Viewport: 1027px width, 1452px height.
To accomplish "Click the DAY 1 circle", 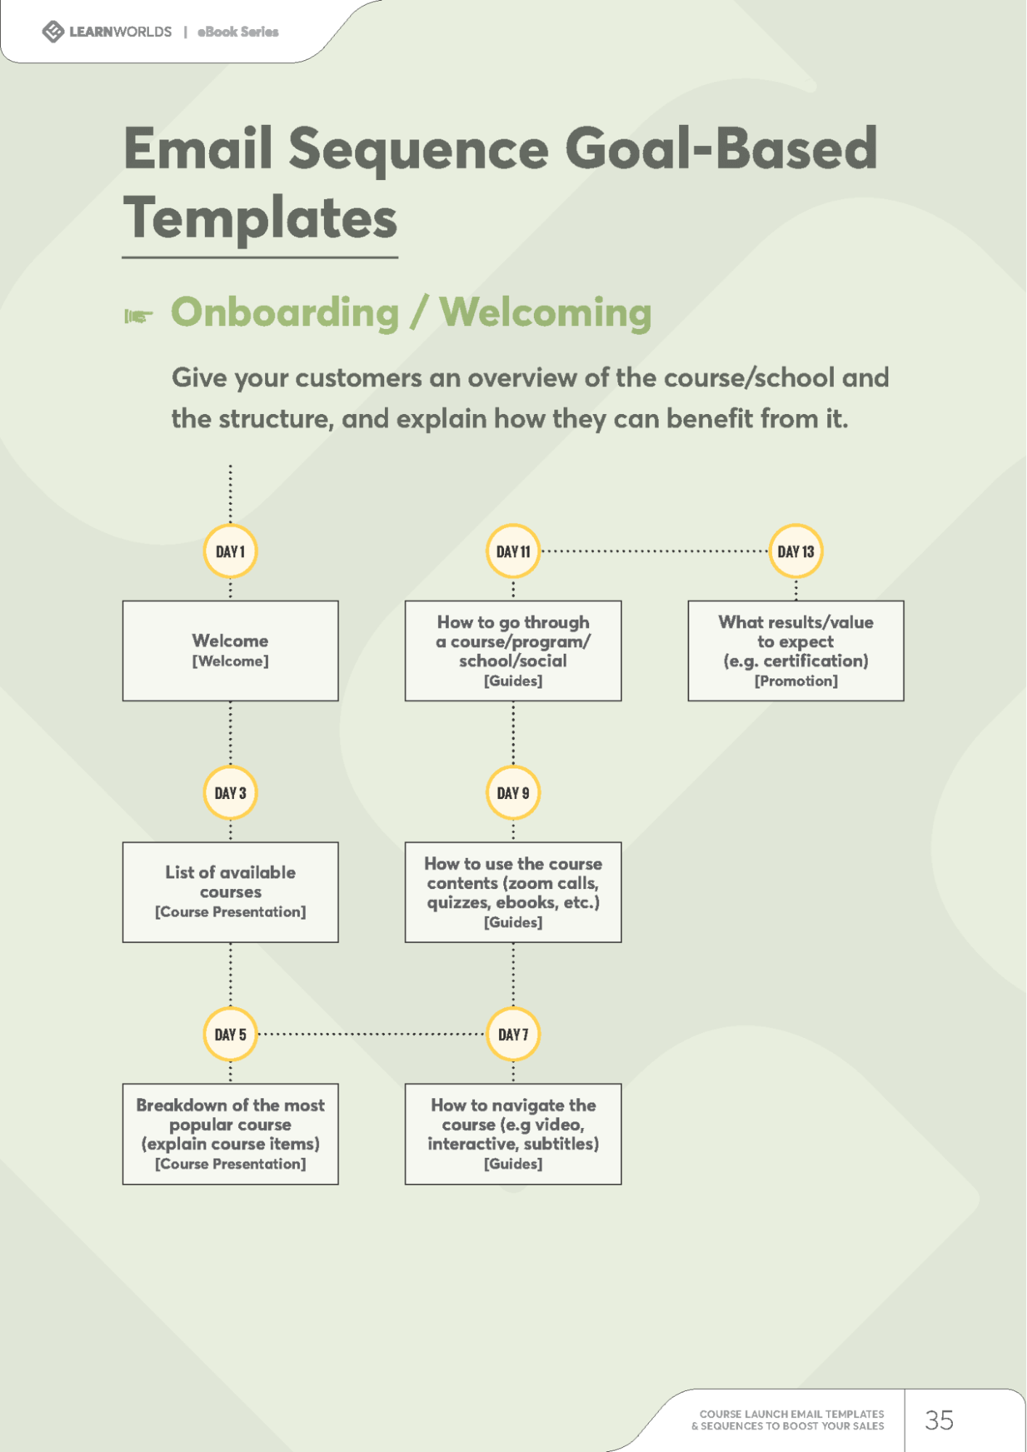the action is coord(230,551).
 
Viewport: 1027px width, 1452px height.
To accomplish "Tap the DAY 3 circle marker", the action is coord(230,792).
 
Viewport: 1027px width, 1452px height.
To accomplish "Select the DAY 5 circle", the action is coord(230,1034).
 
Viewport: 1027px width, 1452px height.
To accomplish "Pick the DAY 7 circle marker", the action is coord(513,1034).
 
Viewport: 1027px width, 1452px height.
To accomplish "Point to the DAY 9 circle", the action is coord(513,792).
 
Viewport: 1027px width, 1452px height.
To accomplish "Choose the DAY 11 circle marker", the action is coord(513,551).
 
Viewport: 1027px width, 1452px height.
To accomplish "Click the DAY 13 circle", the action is coord(795,551).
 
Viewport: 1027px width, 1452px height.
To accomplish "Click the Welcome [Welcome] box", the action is coord(230,651).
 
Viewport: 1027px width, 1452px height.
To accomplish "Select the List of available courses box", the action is coord(230,892).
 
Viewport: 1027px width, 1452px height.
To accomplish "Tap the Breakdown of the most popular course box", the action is coord(230,1134).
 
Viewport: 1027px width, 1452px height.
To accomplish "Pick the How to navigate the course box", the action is coord(513,1134).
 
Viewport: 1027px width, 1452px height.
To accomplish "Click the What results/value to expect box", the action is coord(795,651).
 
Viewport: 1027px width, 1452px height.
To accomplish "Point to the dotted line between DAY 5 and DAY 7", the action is coord(371,1034).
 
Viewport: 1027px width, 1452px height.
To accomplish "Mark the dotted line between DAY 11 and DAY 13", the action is coord(654,551).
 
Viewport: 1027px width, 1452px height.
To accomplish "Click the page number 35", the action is coord(938,1420).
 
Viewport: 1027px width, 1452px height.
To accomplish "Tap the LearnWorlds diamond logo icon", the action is coord(53,32).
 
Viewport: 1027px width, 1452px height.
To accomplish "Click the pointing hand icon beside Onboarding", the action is coord(138,316).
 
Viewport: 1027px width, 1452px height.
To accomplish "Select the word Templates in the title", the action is coord(260,219).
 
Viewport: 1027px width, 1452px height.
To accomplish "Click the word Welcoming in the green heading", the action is coord(545,314).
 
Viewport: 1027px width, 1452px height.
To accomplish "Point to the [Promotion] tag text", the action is coord(795,681).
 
